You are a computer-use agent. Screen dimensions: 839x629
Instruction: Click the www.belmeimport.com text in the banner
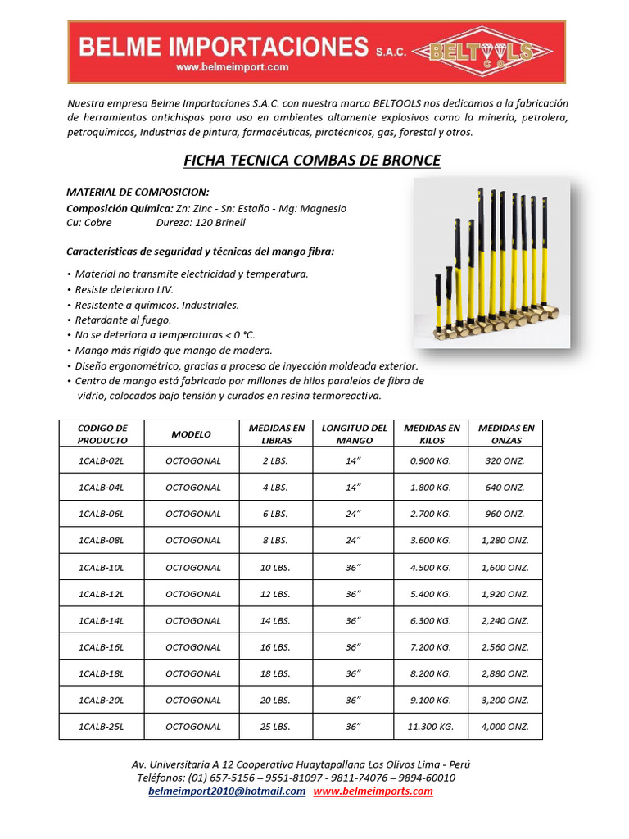coord(232,67)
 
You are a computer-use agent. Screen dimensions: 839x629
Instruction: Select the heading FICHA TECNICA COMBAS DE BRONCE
coord(314,160)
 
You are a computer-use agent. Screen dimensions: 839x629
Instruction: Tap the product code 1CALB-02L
coord(102,460)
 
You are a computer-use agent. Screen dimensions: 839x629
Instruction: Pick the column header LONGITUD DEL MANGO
coord(354,433)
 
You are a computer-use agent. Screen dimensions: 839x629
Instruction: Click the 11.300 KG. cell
coord(431,727)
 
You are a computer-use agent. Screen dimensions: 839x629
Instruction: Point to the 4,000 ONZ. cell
coord(505,727)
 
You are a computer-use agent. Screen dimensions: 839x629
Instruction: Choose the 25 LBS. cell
coord(275,727)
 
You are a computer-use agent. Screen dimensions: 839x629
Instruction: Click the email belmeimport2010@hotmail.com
coord(227,791)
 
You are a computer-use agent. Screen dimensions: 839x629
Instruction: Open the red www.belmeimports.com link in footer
coord(373,791)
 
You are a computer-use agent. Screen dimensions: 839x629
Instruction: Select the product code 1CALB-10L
coord(102,567)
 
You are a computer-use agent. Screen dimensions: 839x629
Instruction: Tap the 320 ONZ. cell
coord(505,460)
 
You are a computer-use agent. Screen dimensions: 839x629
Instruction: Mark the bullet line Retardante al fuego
coord(123,320)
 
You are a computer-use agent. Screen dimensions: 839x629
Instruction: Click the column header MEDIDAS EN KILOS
coord(431,433)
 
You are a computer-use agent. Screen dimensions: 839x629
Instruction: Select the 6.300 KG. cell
coord(431,620)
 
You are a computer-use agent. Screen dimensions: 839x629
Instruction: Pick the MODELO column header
coord(191,434)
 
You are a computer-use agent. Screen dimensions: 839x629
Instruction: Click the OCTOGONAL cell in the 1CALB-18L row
coord(192,673)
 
